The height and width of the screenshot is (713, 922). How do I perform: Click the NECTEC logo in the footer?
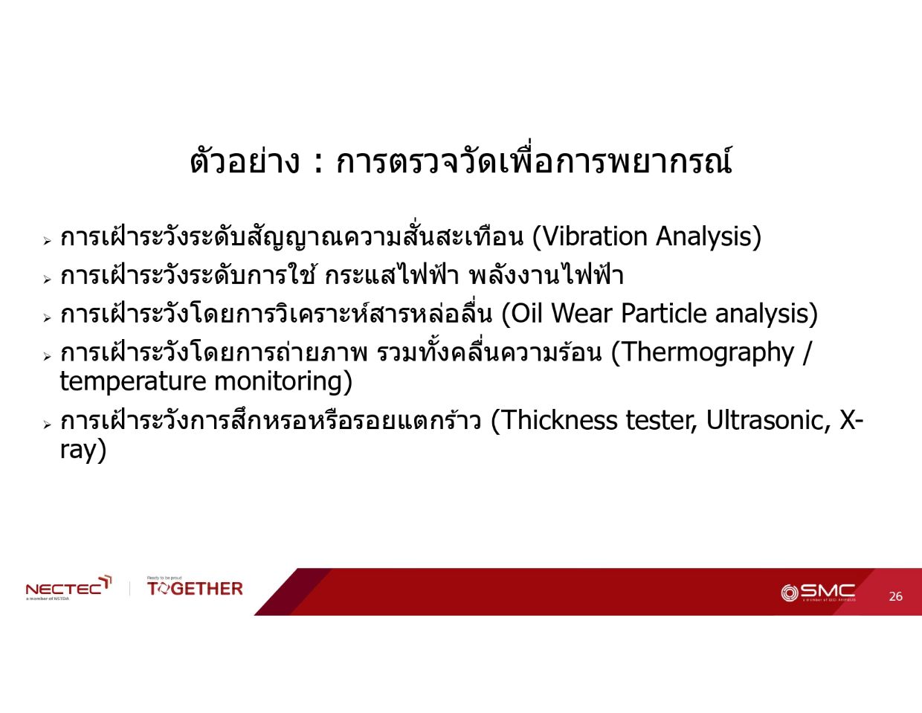tap(68, 588)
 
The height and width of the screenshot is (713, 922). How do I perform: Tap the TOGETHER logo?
tap(195, 587)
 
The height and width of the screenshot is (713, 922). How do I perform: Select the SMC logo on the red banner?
tap(818, 593)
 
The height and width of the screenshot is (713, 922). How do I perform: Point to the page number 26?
tap(896, 596)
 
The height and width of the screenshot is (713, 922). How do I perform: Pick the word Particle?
tap(663, 314)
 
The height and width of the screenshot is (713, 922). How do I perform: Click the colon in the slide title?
tap(317, 164)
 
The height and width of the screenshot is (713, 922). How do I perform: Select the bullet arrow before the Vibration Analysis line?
tap(47, 241)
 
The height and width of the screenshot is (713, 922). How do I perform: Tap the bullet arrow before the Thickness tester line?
tap(47, 425)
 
